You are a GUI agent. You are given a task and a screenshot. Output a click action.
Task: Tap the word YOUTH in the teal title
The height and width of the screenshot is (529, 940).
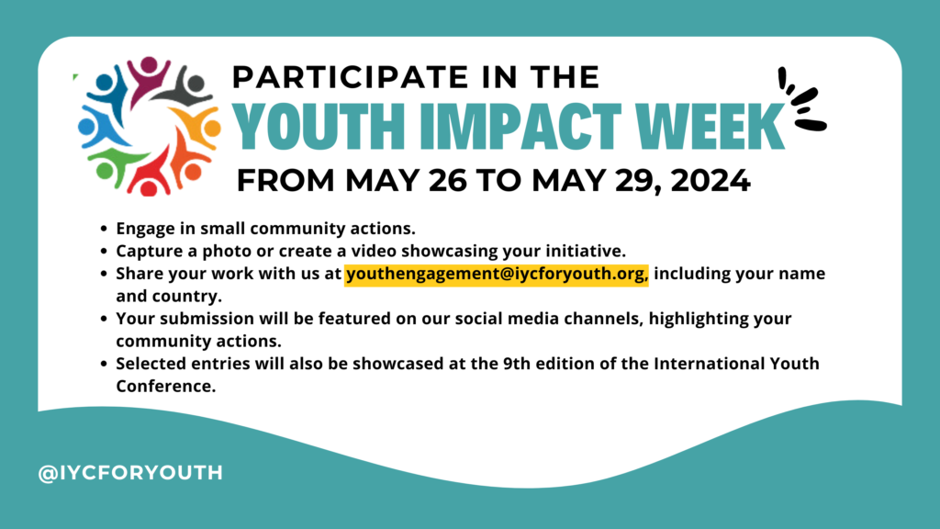coord(319,127)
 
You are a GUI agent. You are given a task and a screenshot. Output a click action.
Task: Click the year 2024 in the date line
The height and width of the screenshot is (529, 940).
coord(711,181)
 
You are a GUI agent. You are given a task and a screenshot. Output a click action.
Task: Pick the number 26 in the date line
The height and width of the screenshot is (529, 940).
coord(448,181)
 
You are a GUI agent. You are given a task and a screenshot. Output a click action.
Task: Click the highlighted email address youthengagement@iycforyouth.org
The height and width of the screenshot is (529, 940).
coord(497,274)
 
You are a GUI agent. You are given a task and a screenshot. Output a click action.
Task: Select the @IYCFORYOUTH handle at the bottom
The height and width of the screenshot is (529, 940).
coord(130,473)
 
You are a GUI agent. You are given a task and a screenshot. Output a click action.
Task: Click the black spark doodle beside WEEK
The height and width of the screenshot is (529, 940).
coord(803,99)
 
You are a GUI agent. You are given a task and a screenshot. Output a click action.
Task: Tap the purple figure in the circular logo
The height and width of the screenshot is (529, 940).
coord(148,75)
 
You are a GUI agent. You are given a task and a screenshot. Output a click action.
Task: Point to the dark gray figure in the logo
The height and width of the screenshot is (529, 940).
coord(185,88)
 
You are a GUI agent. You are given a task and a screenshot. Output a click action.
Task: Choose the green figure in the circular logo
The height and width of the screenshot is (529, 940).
coord(114,165)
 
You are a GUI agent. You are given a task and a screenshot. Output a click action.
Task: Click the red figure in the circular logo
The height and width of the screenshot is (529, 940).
coord(150,173)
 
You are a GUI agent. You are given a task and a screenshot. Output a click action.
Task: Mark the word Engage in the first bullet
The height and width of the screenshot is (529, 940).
coord(142,229)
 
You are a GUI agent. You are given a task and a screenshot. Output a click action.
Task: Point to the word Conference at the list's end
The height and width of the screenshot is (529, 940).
coord(165,387)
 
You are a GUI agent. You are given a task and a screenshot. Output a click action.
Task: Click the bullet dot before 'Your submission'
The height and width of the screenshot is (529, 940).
coord(104,319)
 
